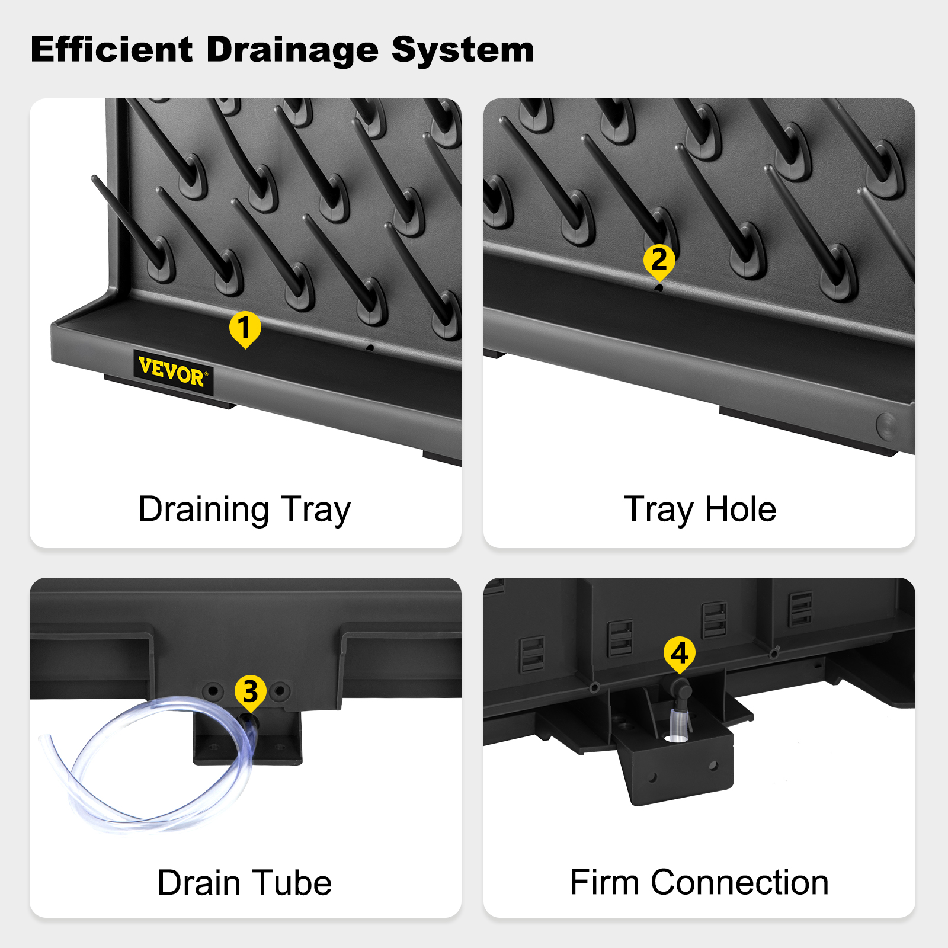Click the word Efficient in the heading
111,49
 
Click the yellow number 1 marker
245,329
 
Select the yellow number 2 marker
659,262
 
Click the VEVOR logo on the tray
173,371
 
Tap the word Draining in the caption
204,510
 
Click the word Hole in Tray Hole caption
740,510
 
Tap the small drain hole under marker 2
659,288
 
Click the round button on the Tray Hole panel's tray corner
887,425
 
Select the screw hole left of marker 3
213,691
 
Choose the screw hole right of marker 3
280,691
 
